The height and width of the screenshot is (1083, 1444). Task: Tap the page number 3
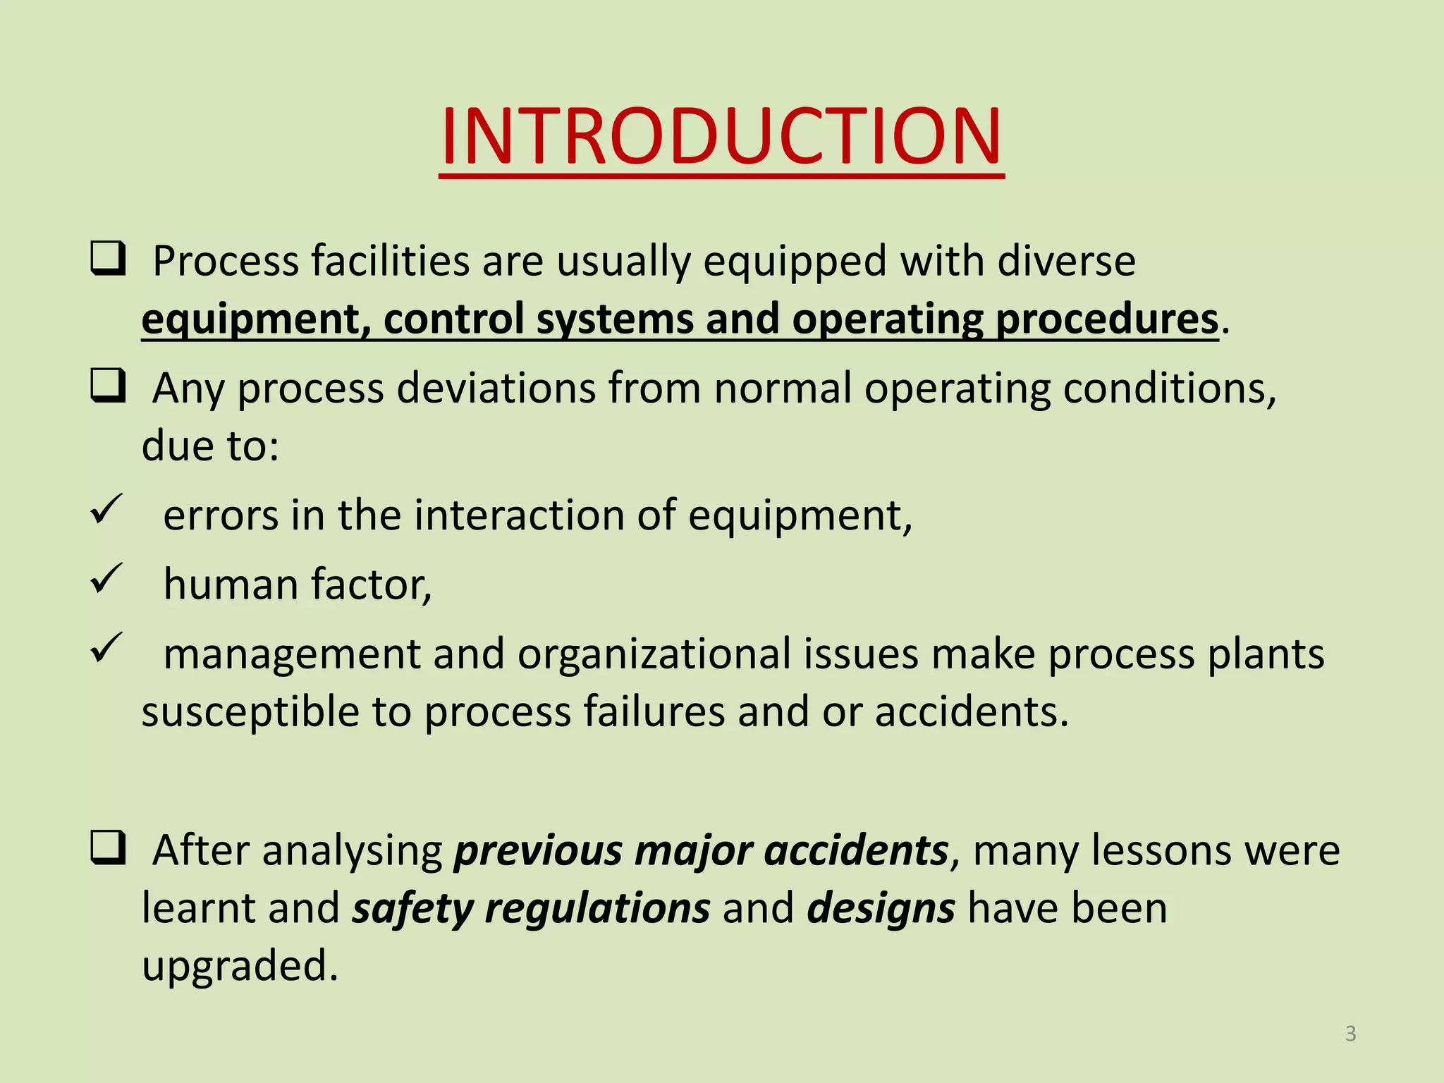1350,1034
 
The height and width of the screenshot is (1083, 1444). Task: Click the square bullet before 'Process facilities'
108,259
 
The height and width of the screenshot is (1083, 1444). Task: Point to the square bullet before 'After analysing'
108,848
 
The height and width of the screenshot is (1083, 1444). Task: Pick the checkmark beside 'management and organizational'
107,647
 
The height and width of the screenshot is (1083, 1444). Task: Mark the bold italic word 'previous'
537,851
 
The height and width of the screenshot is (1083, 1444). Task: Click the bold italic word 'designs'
881,909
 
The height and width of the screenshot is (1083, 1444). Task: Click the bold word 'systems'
614,319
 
